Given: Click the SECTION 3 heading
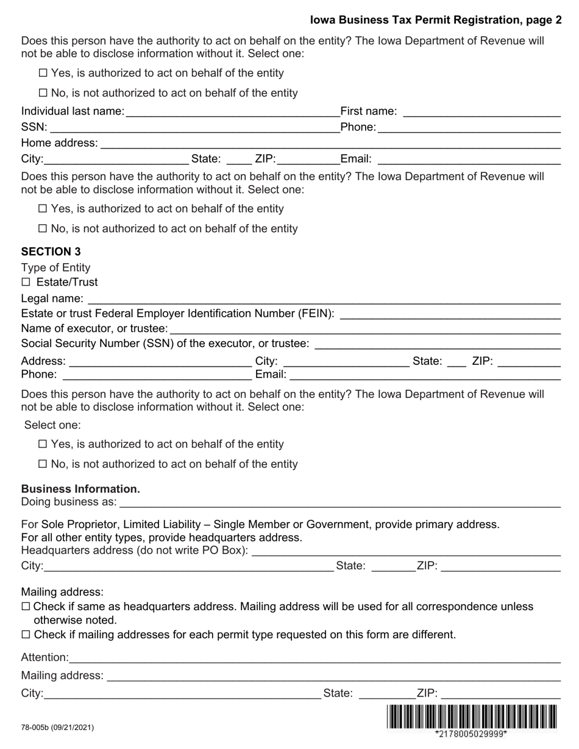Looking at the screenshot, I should pyautogui.click(x=51, y=251).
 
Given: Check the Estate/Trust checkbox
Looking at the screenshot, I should pyautogui.click(x=26, y=282).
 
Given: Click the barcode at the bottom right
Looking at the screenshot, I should pyautogui.click(x=471, y=717).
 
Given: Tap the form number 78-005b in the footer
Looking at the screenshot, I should pyautogui.click(x=57, y=727).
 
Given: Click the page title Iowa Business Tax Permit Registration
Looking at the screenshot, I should pyautogui.click(x=436, y=20).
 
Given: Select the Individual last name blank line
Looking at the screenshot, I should pyautogui.click(x=232, y=112).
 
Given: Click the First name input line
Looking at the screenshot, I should pyautogui.click(x=481, y=112).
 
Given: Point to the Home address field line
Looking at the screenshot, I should pyautogui.click(x=329, y=144).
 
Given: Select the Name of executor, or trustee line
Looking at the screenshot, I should pyautogui.click(x=364, y=329).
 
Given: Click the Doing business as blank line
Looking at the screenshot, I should pyautogui.click(x=339, y=503).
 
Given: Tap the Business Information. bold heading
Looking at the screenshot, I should pyautogui.click(x=80, y=489).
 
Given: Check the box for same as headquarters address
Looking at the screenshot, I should pyautogui.click(x=26, y=607).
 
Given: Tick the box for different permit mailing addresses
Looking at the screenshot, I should pyautogui.click(x=26, y=635).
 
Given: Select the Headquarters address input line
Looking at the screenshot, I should pyautogui.click(x=405, y=552).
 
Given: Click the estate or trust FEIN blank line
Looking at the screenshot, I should pyautogui.click(x=449, y=315).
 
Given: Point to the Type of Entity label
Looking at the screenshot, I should pyautogui.click(x=55, y=267).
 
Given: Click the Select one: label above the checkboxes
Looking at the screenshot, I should pyautogui.click(x=52, y=425).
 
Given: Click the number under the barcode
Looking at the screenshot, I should pyautogui.click(x=471, y=734).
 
